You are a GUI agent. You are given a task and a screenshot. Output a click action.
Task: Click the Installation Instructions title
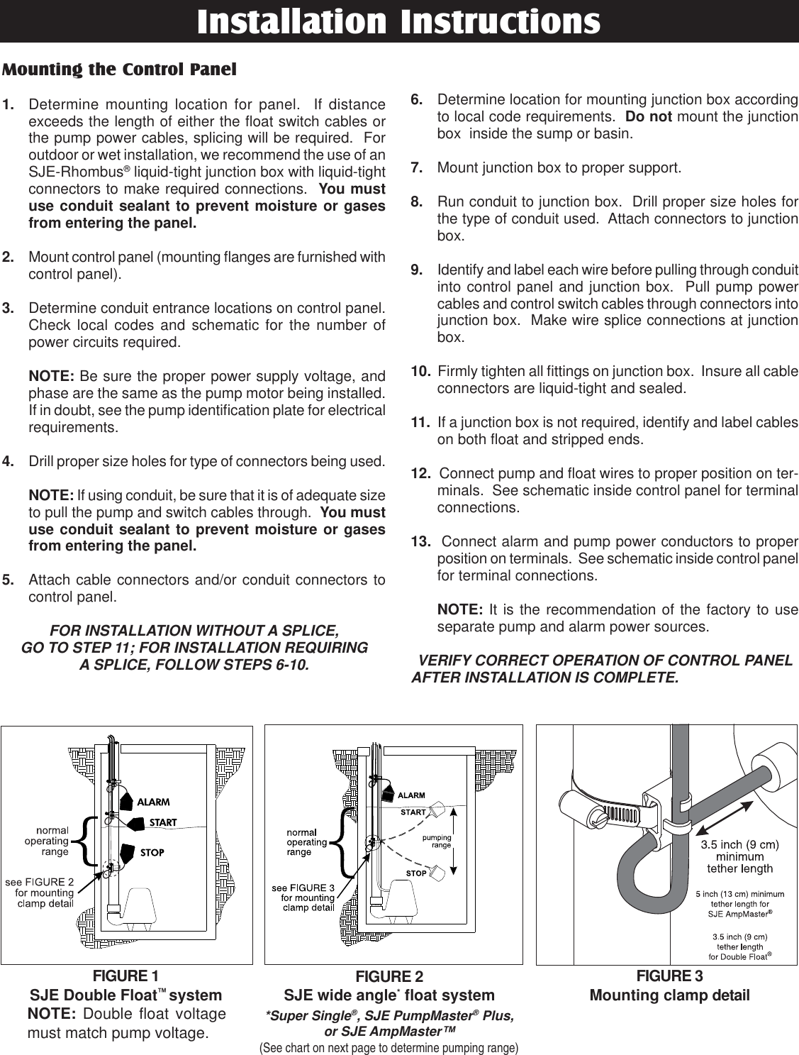[398, 21]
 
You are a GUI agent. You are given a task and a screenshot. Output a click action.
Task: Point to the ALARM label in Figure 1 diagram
[152, 802]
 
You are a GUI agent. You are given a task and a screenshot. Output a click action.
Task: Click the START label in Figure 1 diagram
[162, 822]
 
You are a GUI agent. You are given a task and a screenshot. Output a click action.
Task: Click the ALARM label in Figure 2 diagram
[410, 795]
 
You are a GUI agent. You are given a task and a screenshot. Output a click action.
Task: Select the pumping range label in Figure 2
[437, 841]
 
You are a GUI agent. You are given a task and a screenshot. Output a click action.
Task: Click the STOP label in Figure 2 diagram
[415, 873]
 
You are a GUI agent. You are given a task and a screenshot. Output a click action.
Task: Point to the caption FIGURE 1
[125, 974]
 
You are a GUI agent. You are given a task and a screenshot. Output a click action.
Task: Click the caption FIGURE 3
[669, 976]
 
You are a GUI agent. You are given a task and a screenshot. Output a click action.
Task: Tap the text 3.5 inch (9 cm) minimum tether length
[740, 856]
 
